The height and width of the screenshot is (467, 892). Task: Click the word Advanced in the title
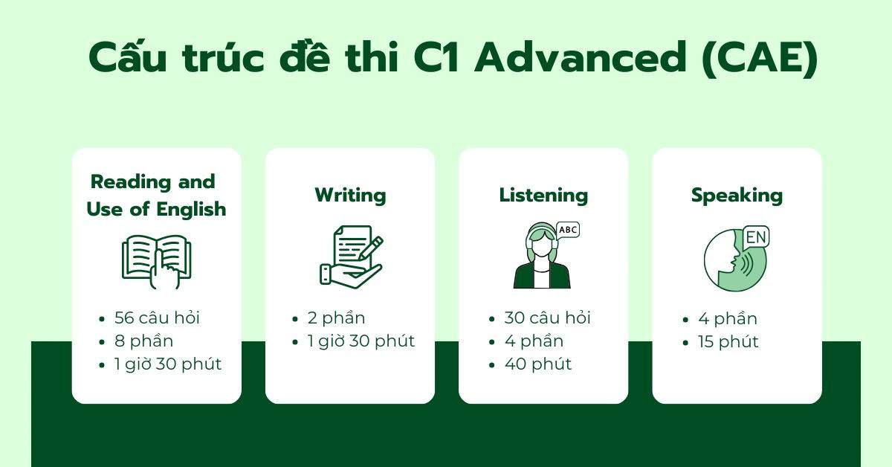coord(581,59)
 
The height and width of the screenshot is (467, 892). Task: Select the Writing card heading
coord(350,196)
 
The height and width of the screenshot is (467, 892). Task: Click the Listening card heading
coord(543,196)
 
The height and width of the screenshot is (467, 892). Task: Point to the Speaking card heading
coord(737,196)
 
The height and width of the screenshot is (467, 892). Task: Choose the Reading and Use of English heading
coord(156,196)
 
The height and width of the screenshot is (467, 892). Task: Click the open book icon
coord(156,261)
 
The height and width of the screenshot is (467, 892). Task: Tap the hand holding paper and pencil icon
coord(351,257)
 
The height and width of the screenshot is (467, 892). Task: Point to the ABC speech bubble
coord(567,230)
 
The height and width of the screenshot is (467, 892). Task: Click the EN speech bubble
coord(756,237)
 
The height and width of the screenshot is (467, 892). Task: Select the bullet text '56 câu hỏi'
coord(157,318)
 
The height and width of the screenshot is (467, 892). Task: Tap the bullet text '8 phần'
coord(143,341)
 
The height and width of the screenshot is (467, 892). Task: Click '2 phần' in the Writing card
coord(336,318)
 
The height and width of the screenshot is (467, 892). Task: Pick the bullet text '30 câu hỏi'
coord(547,318)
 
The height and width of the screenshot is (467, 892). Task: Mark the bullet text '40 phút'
coord(538,364)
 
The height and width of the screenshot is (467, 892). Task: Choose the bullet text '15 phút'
coord(728,342)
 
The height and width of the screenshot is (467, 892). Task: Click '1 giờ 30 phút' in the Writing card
coord(361,341)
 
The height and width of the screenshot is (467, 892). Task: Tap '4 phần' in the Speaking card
coord(728,319)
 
